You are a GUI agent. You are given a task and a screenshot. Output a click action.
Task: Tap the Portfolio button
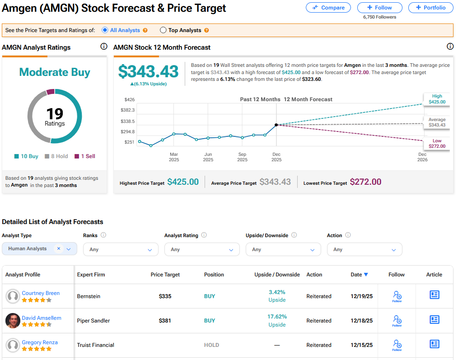(x=430, y=8)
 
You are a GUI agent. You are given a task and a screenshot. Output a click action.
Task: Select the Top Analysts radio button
(x=164, y=30)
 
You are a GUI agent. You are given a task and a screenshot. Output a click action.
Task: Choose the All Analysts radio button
(x=105, y=30)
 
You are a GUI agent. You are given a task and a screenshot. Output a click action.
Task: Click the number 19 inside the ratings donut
(x=55, y=113)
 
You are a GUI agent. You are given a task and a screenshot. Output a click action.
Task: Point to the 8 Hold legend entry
(x=56, y=156)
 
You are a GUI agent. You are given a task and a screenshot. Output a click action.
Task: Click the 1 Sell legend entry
(x=85, y=156)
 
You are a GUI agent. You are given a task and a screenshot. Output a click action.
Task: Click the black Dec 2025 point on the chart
(x=276, y=125)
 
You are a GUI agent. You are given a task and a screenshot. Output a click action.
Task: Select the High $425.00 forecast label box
(x=436, y=99)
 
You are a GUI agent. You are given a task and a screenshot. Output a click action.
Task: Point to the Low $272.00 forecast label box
(x=436, y=144)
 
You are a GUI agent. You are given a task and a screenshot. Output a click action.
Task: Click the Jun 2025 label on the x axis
(x=208, y=157)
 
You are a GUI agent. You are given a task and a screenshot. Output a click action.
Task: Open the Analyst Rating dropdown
(x=202, y=249)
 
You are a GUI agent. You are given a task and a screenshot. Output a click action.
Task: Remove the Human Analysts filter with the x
(x=59, y=249)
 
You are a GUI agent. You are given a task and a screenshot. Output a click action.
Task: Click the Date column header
(x=359, y=275)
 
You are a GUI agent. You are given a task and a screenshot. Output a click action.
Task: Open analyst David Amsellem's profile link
(x=42, y=318)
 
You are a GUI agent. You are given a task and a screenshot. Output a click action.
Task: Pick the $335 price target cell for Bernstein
(x=165, y=296)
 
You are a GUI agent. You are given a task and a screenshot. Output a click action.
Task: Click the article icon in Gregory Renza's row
(x=434, y=344)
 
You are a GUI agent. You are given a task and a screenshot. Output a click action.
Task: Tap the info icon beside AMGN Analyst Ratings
(x=104, y=47)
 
